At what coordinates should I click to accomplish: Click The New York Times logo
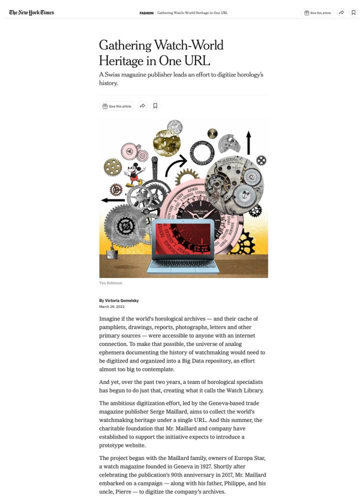tap(31, 12)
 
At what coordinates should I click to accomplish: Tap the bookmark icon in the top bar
tap(353, 12)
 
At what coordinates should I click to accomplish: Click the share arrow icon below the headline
tap(142, 106)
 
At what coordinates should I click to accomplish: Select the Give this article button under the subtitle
tap(117, 106)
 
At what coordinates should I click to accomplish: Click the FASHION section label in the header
tap(146, 13)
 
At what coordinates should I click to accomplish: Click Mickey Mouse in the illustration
tap(134, 174)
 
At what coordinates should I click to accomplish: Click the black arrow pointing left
tap(112, 200)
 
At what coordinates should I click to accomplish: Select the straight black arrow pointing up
tap(248, 142)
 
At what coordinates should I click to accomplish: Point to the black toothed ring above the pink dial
tap(202, 153)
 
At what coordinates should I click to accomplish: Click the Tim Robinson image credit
tap(110, 283)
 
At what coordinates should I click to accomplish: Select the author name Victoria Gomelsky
tap(121, 300)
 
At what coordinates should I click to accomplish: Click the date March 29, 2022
tap(111, 306)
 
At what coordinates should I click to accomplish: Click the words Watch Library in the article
tap(238, 390)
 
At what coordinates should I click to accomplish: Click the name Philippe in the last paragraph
tap(224, 483)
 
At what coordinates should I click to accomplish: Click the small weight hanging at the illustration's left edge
tap(111, 255)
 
